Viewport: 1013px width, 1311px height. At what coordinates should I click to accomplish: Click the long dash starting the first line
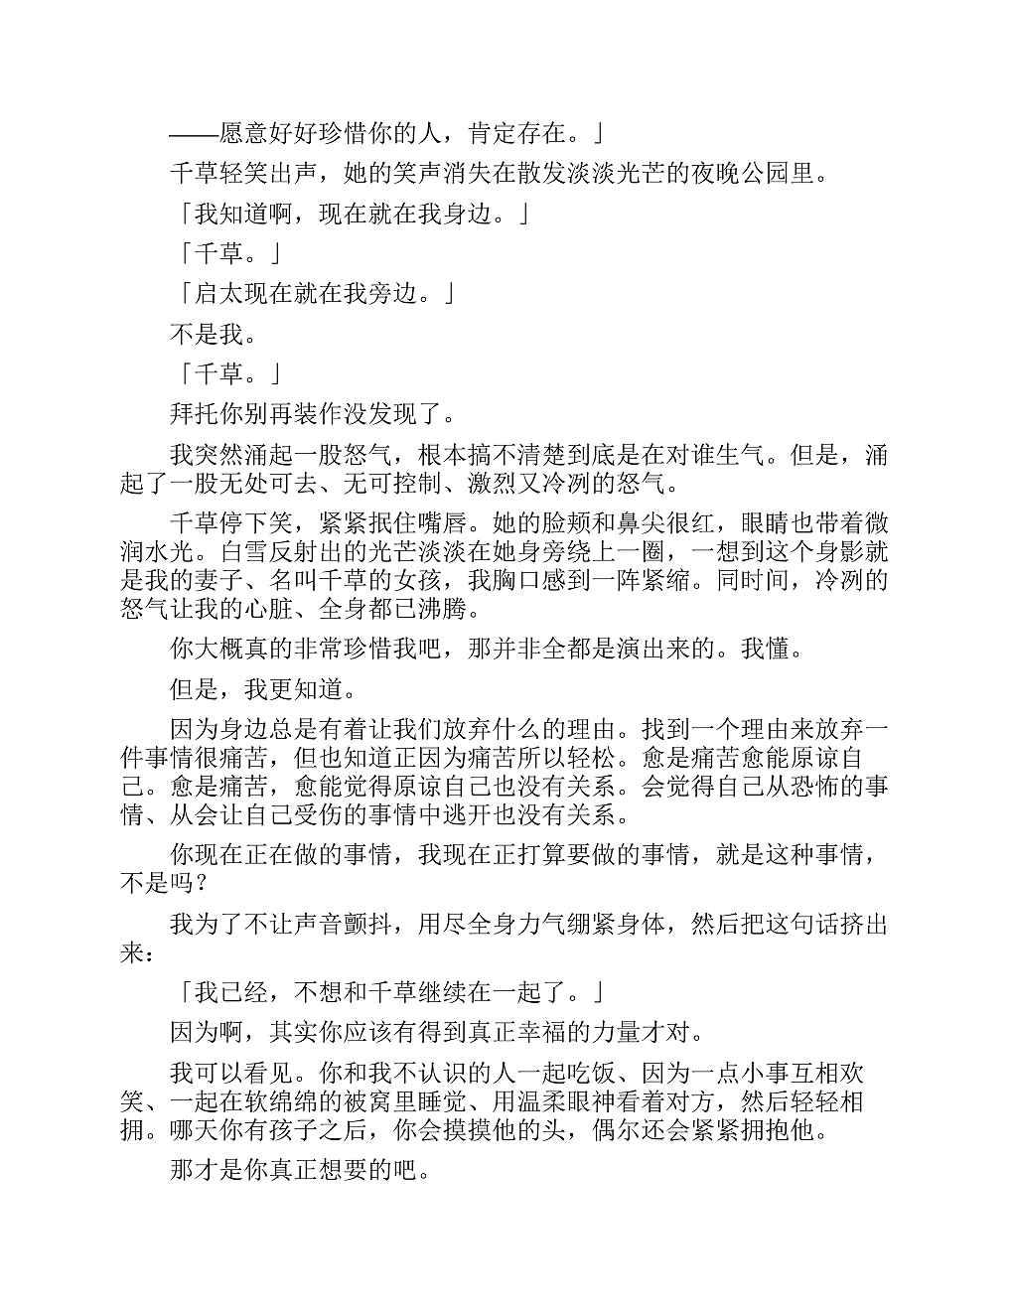pos(194,133)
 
